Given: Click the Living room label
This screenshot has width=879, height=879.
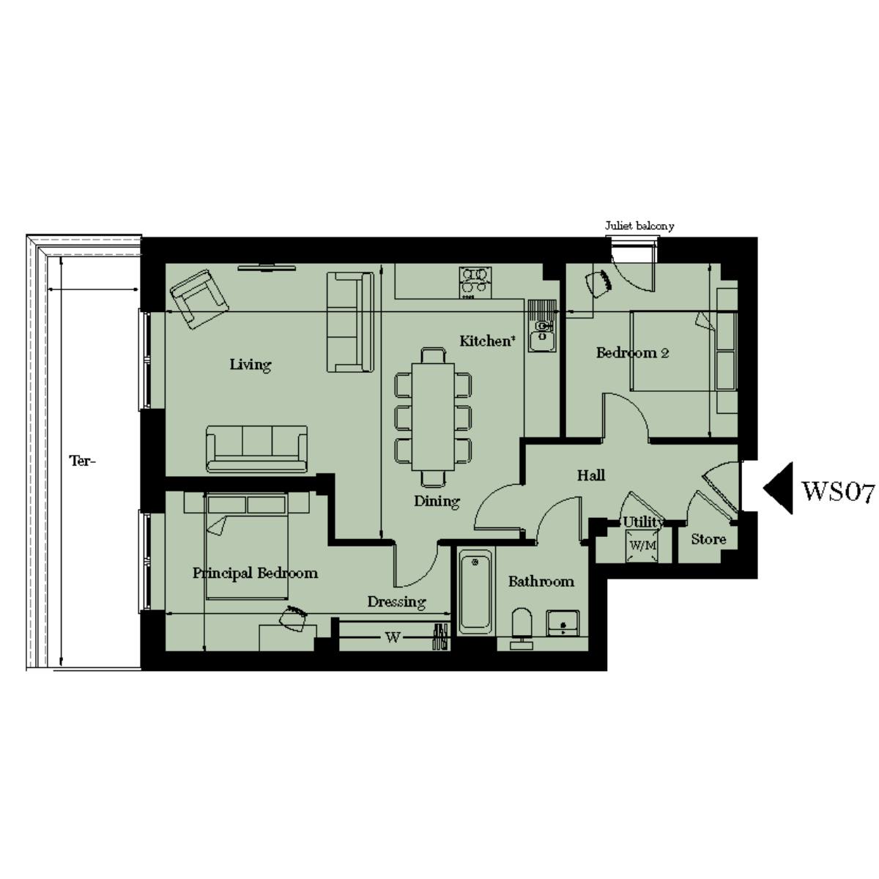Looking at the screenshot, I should [x=251, y=364].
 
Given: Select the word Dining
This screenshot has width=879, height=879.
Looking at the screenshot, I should [x=437, y=502].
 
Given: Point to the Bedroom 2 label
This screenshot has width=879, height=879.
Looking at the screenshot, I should [x=632, y=352].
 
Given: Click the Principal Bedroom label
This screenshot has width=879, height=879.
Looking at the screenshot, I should [x=255, y=573].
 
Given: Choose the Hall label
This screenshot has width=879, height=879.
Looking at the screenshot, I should [x=591, y=475].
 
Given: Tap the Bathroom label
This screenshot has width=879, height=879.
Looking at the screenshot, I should [x=541, y=582].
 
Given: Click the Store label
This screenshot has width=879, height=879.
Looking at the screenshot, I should [x=708, y=539].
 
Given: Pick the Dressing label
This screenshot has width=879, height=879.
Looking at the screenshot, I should [x=396, y=601].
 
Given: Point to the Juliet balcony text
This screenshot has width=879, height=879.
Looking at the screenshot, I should [x=639, y=226].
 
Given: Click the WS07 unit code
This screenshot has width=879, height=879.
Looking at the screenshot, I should [x=838, y=491].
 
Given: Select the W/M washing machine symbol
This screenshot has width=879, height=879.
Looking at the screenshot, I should [x=642, y=546].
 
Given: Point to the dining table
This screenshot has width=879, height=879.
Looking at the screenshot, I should [x=433, y=418].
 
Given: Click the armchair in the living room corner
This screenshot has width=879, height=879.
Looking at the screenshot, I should [x=198, y=297].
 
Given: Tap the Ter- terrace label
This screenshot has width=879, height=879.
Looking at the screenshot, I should [x=82, y=461].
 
